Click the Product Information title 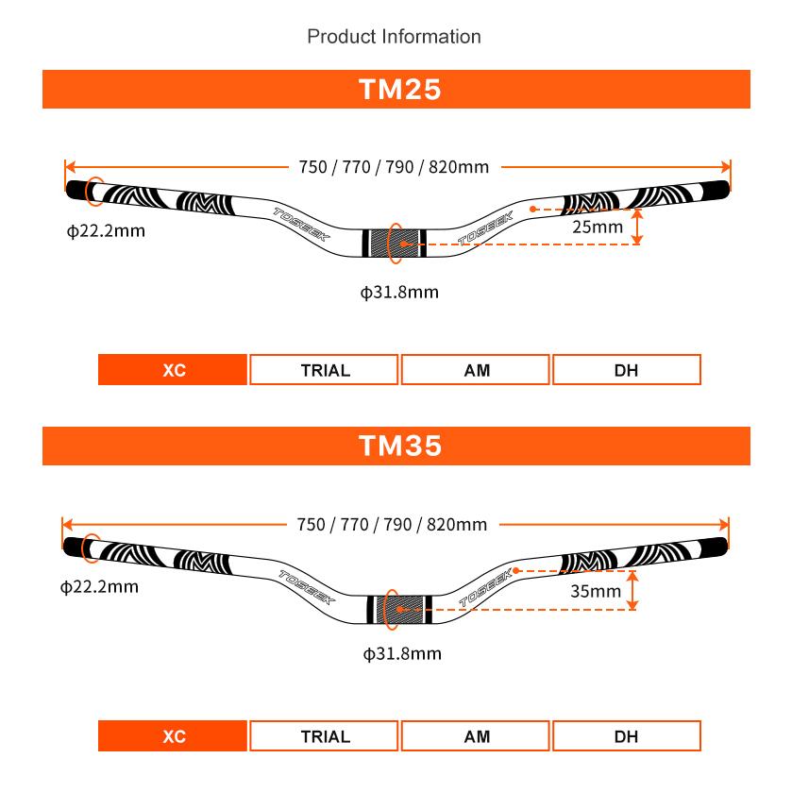coord(394,37)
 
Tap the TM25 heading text coord(400,90)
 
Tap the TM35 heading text coord(400,446)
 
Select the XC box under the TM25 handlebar coord(173,370)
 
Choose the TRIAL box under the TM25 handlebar coord(324,370)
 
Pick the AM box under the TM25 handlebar coord(476,370)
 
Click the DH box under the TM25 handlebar coord(627,370)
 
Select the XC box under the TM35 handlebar coord(173,736)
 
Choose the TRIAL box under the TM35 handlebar coord(324,736)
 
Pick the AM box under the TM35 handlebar coord(476,736)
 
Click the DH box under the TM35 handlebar coord(627,736)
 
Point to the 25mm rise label coord(598,227)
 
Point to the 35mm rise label coord(596,591)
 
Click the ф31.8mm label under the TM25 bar coord(399,292)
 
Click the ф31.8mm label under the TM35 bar coord(402,653)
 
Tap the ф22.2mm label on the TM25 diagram coord(106,231)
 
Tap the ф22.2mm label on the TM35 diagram coord(99,586)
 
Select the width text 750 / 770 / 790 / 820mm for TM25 coord(394,167)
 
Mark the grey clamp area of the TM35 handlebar coord(400,610)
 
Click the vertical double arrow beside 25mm coord(637,227)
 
